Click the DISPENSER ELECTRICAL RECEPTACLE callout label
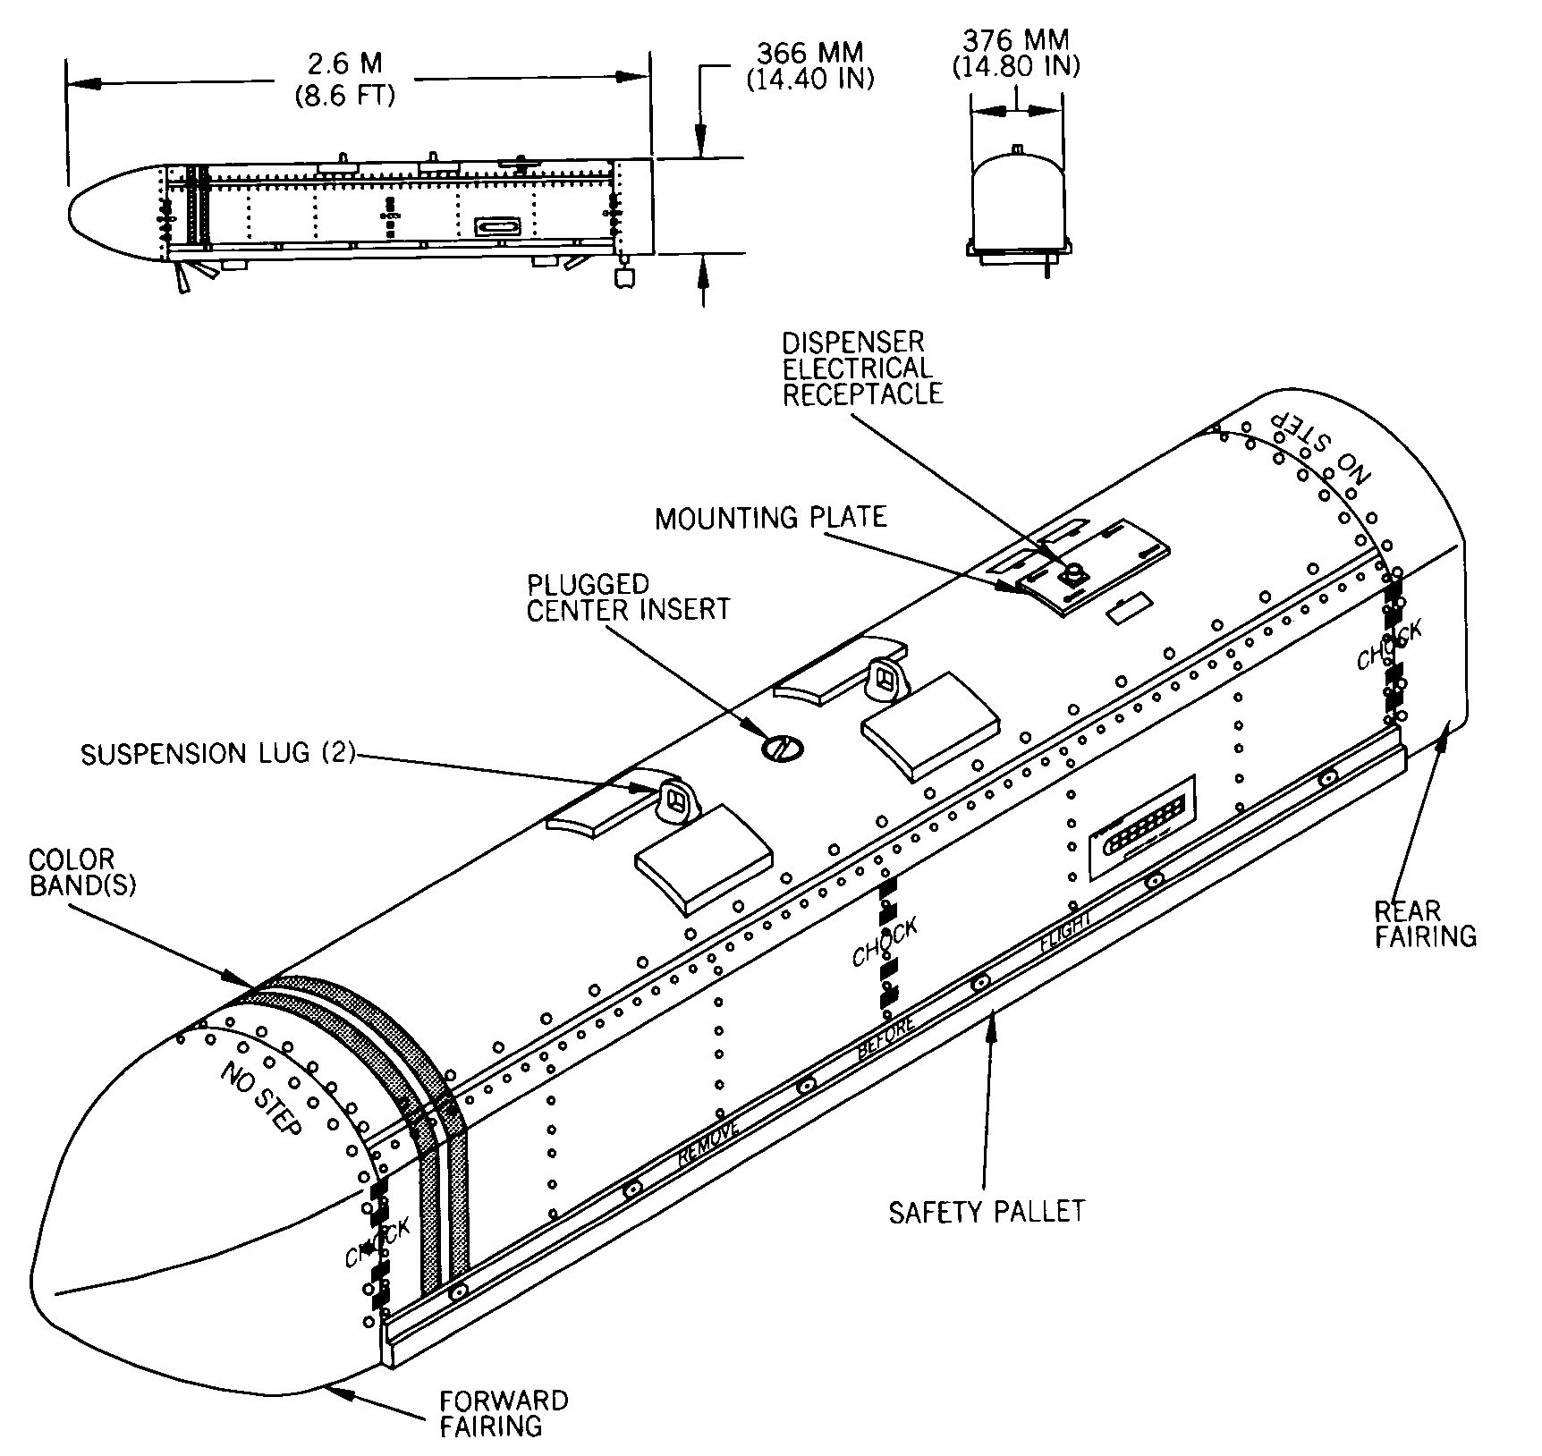pos(862,368)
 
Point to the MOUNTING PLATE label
pos(771,518)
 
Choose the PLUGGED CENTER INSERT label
pos(628,597)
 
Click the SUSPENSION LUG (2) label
pos(218,754)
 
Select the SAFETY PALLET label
pos(986,1212)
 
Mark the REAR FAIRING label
pos(1426,924)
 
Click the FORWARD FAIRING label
pos(504,1413)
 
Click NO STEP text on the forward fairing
pos(261,1098)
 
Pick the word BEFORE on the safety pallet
pos(885,1040)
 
